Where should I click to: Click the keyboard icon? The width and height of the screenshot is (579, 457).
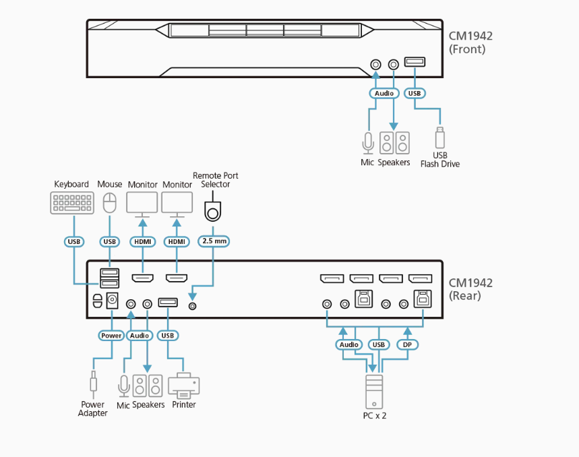[72, 203]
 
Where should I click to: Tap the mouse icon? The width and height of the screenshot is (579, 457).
[109, 202]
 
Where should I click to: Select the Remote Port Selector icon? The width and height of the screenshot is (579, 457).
[212, 210]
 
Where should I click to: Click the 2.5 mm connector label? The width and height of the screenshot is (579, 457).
[213, 241]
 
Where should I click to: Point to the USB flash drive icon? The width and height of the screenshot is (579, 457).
[439, 138]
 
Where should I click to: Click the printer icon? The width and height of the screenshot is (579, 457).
[183, 386]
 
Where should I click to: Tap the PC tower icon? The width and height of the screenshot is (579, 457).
[374, 390]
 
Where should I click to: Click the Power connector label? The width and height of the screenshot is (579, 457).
[111, 335]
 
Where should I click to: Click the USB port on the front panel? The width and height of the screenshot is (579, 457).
[415, 63]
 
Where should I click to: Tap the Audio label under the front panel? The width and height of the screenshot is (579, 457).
[384, 93]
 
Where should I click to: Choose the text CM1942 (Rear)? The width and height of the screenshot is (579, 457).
[470, 288]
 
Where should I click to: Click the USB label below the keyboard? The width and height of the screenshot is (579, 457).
[73, 241]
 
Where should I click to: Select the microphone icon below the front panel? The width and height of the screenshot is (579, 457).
[367, 143]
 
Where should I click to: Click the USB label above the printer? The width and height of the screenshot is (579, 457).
[167, 335]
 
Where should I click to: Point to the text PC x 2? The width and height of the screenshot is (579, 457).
[374, 415]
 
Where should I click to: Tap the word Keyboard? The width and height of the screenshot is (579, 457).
[71, 184]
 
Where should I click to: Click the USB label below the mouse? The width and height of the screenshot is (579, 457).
[109, 241]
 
